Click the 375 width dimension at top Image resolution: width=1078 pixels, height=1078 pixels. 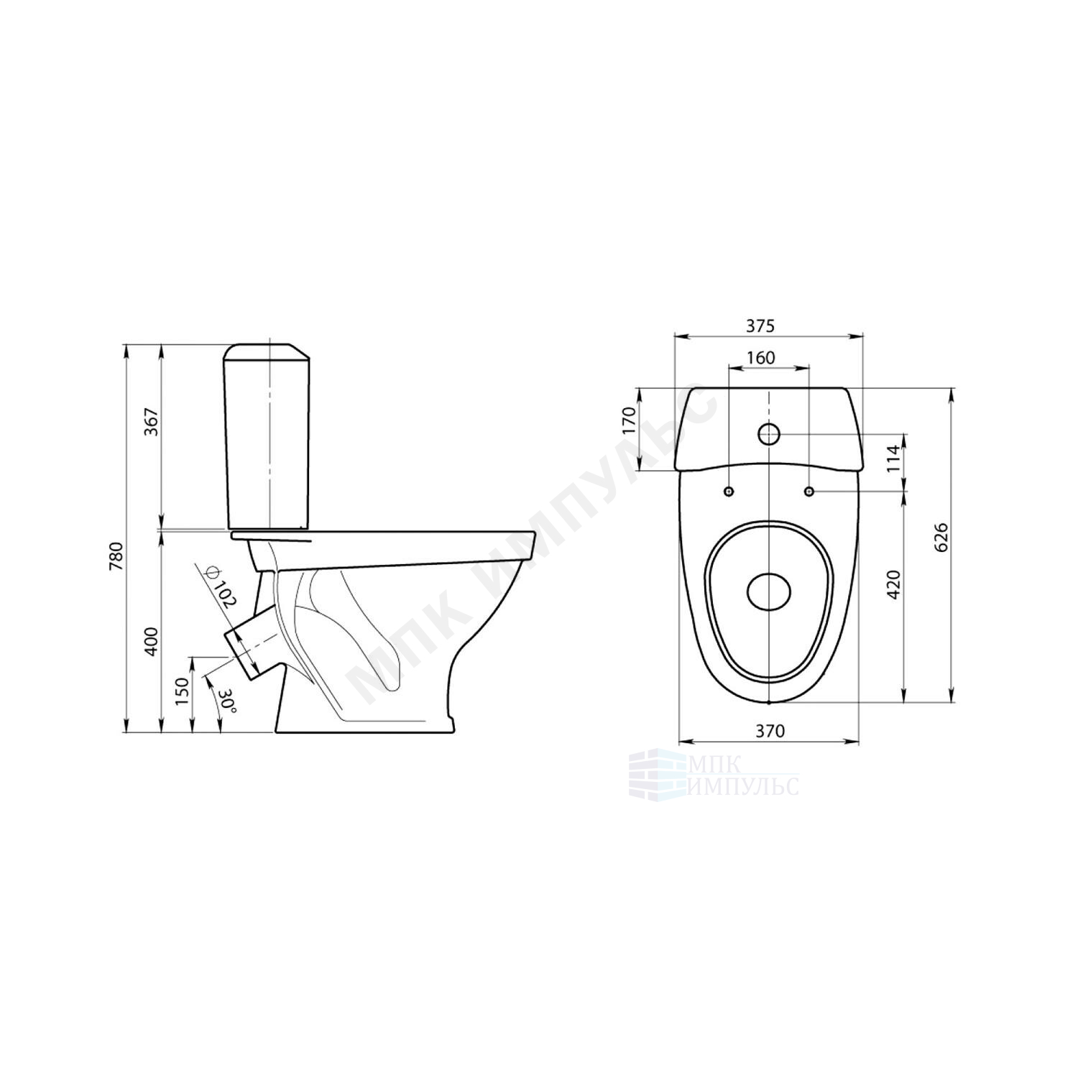pos(760,326)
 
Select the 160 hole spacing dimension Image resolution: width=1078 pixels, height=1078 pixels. pos(760,358)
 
